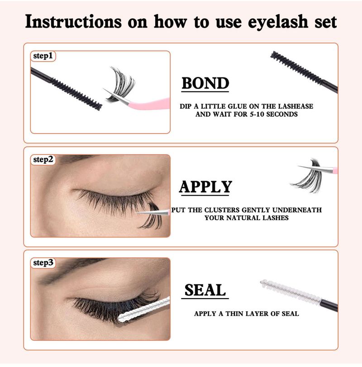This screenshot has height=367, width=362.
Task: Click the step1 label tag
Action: coord(43,56)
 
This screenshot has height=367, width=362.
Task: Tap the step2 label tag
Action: coord(43,159)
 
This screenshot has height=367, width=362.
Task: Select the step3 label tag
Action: coord(43,263)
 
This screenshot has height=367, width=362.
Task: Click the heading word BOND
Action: coord(205,83)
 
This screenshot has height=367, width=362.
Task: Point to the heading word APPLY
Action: coord(205,187)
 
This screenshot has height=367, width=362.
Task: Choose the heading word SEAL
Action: coord(205,290)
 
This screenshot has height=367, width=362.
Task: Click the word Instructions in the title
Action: coord(73,22)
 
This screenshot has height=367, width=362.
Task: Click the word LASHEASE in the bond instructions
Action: coord(295,106)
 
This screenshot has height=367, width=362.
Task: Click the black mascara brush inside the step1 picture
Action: coord(67,89)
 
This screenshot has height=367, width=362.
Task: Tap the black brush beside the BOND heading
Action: coord(304,72)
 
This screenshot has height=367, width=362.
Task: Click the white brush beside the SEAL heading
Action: coord(299,295)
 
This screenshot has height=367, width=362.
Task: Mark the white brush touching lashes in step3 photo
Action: coord(144,309)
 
